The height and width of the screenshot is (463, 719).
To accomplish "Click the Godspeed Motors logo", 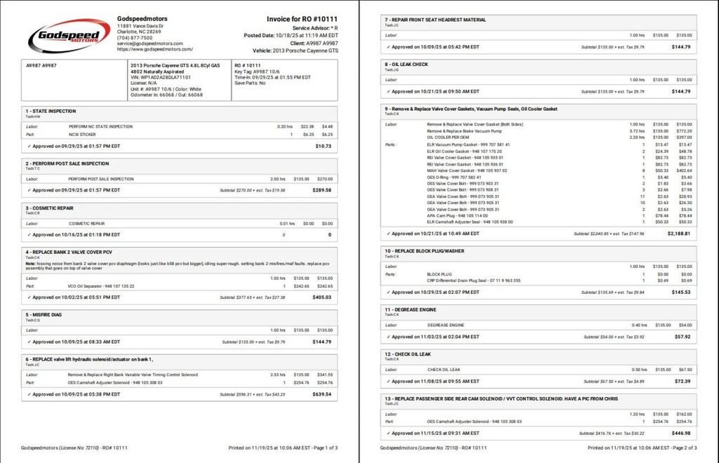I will click(x=69, y=35).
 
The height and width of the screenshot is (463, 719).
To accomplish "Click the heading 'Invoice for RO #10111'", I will click(x=302, y=18).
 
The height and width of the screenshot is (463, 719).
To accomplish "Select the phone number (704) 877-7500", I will click(x=135, y=38).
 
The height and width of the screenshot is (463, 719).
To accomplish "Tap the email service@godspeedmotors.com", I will click(x=150, y=43).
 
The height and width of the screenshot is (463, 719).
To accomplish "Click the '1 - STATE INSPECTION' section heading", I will click(x=51, y=111).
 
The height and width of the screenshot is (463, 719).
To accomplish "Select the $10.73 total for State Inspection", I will click(x=323, y=146).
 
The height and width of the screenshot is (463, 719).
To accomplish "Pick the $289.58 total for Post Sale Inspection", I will click(x=322, y=190).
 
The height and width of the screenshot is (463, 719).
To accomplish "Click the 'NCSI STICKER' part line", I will click(x=82, y=134).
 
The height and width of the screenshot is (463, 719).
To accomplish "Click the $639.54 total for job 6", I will click(x=322, y=394).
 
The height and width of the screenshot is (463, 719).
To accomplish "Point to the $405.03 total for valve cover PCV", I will click(x=322, y=297).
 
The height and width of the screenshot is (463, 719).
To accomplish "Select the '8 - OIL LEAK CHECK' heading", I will click(x=407, y=65).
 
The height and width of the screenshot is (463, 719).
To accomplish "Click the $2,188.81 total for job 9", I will click(x=679, y=234).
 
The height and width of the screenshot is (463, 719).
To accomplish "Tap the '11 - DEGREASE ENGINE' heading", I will click(x=411, y=309).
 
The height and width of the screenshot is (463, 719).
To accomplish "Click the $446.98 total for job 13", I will click(x=680, y=434).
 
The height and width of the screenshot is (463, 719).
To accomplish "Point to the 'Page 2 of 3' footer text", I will click(x=680, y=448).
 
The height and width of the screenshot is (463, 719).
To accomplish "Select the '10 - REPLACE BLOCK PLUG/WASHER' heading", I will click(x=424, y=250).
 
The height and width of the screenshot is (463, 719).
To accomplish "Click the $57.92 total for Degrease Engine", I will click(x=682, y=337).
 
